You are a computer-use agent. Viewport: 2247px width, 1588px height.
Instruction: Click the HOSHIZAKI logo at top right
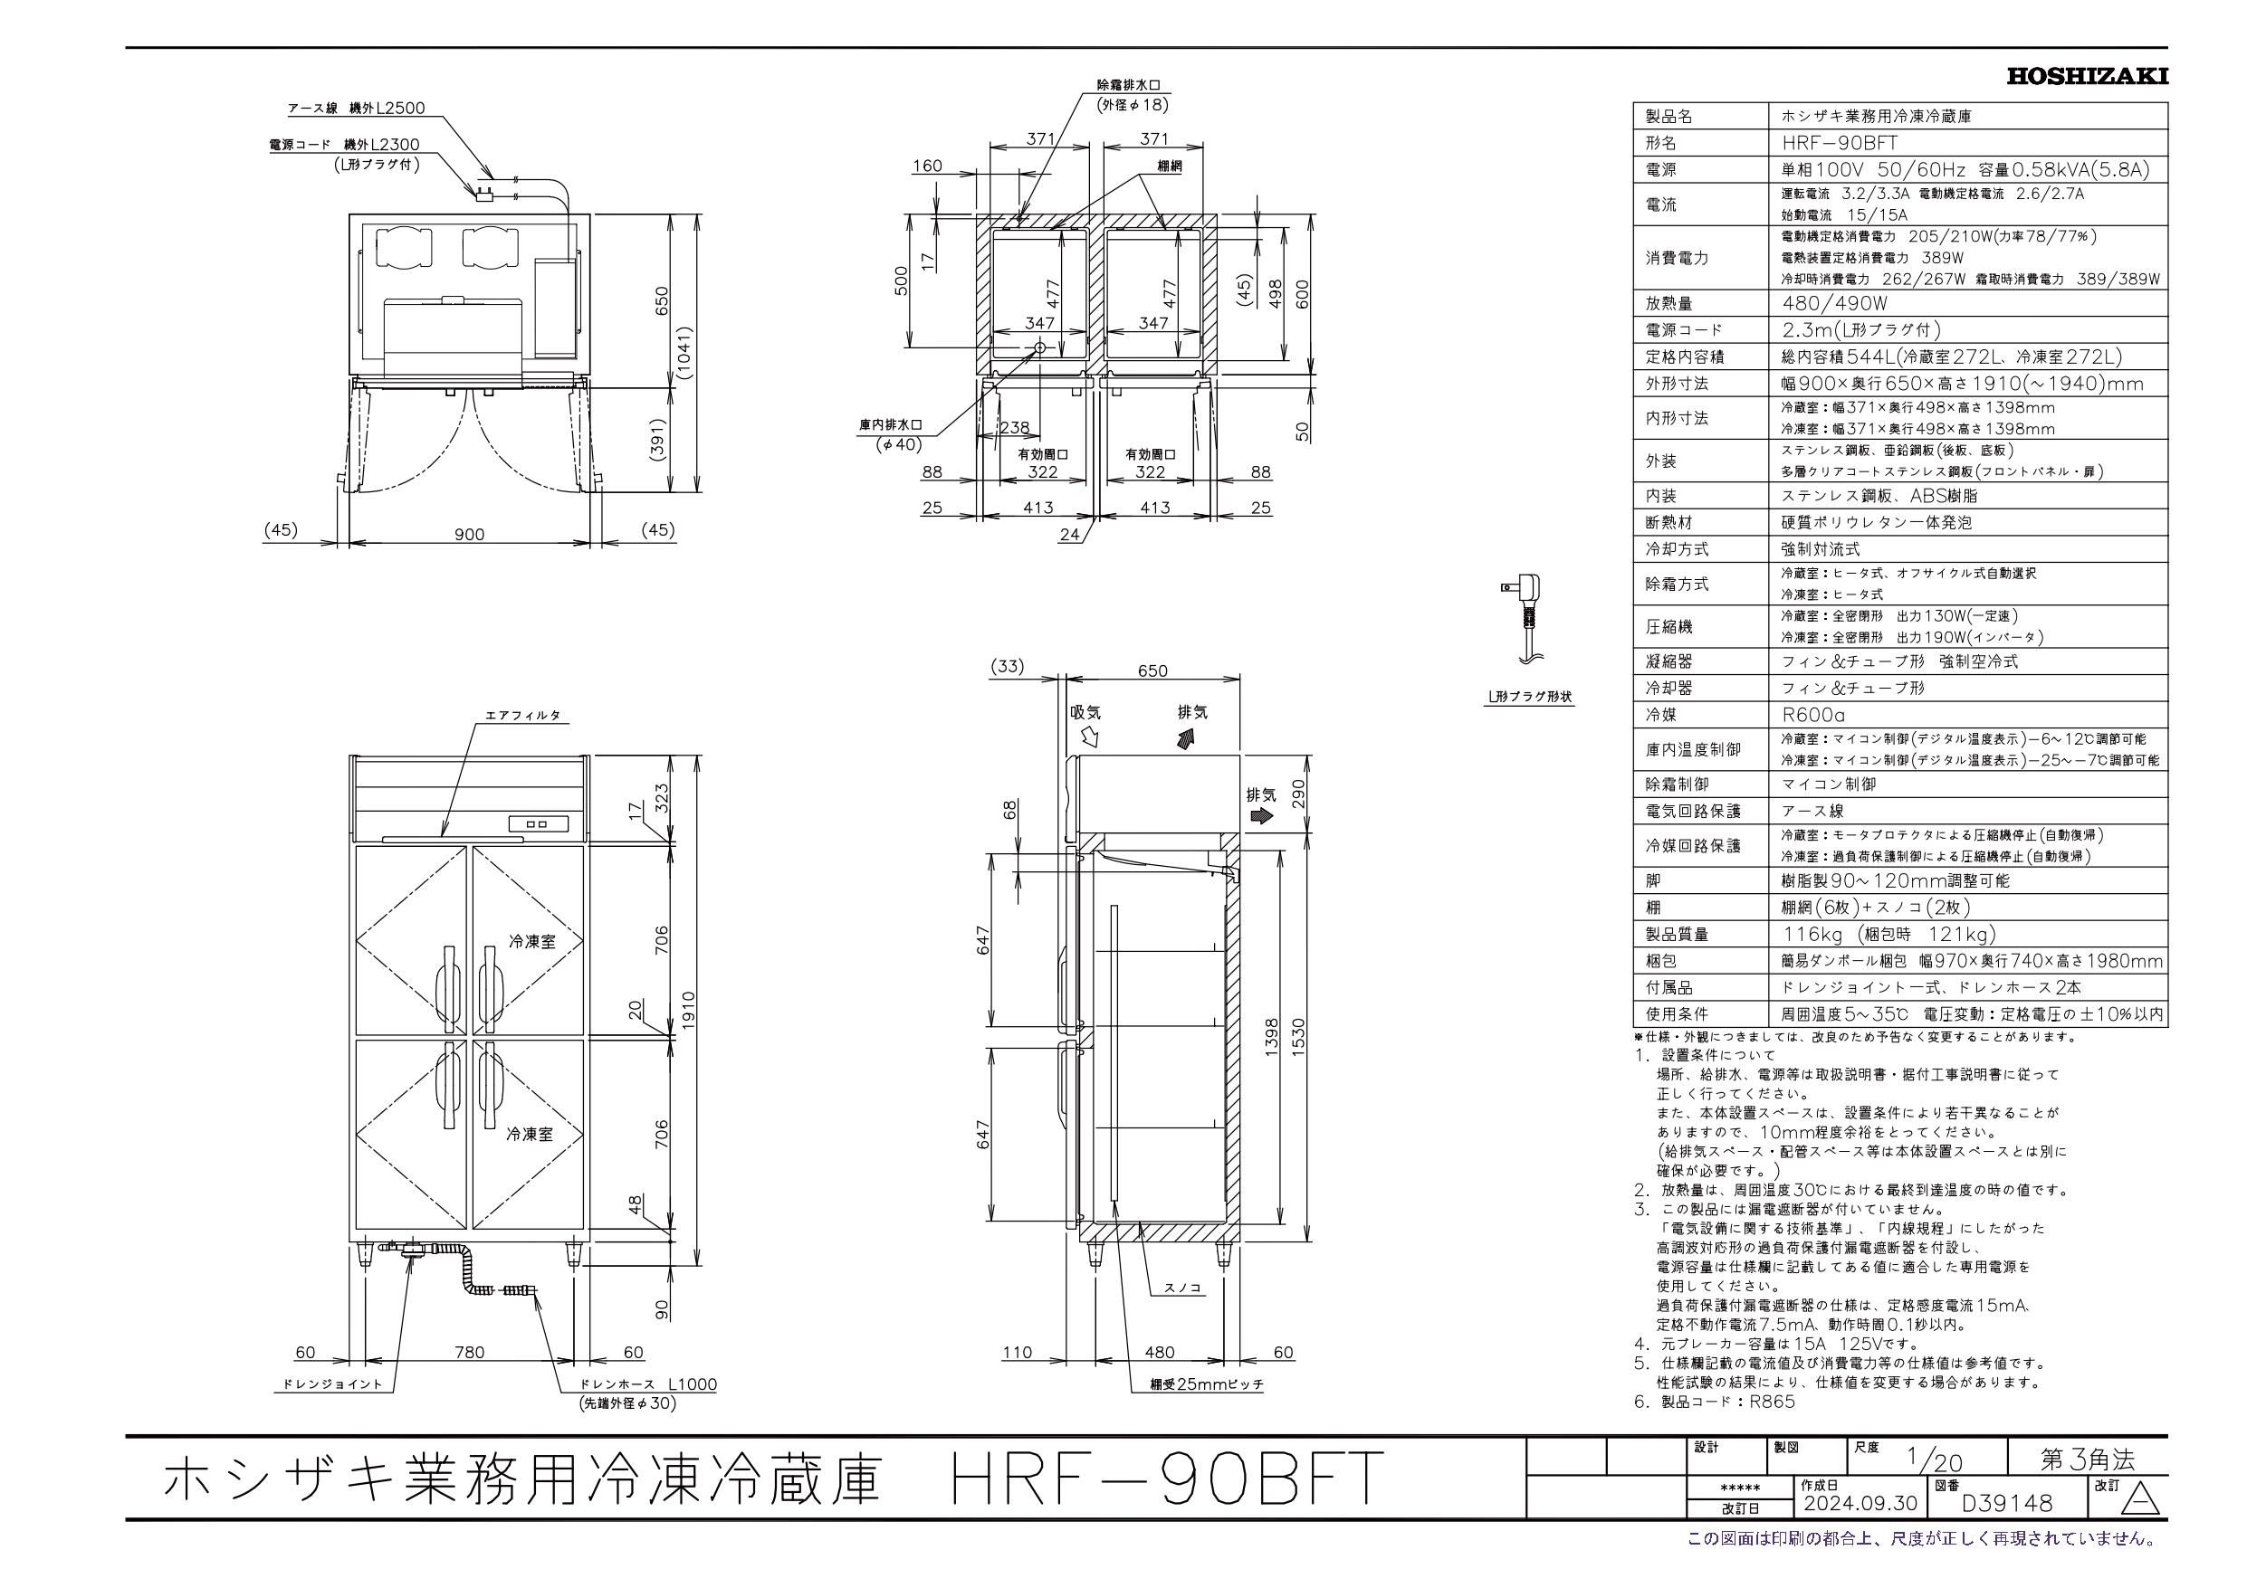[x=2085, y=75]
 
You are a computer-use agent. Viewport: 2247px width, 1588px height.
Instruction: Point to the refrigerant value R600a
[x=1812, y=715]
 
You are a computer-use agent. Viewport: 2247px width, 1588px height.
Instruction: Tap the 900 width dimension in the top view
[x=470, y=534]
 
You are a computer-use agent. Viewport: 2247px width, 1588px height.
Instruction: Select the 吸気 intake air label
[x=1085, y=712]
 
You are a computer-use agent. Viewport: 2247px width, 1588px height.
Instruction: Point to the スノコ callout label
[x=1182, y=1288]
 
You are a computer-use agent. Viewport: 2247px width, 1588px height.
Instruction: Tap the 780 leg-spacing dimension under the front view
[x=470, y=1352]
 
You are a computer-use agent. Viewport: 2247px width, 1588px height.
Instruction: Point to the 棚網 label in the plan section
[x=1169, y=167]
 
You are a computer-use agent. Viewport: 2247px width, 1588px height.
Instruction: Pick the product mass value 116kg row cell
[x=1888, y=935]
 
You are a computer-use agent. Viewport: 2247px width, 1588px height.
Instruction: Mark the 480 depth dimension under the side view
[x=1159, y=1352]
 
